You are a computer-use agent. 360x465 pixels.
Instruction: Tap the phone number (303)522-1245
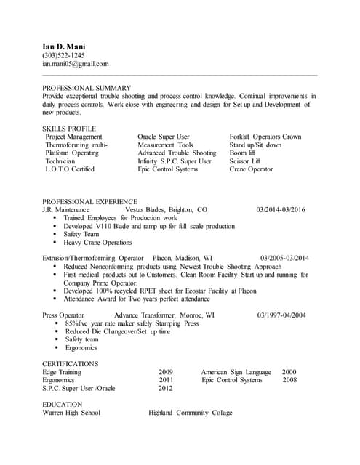coord(63,55)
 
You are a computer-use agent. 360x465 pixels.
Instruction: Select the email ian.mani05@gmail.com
coord(76,64)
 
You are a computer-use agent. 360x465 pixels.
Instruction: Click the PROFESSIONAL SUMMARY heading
coord(87,87)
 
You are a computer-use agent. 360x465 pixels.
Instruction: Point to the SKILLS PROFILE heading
coord(68,128)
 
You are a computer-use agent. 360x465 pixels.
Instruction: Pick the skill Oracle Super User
coord(164,137)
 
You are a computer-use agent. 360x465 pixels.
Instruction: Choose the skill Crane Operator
coord(251,169)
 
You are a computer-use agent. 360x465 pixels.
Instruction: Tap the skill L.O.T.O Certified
coord(70,169)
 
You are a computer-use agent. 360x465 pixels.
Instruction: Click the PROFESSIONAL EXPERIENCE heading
coord(89,201)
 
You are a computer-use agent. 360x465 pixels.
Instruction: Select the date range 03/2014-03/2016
coord(281,209)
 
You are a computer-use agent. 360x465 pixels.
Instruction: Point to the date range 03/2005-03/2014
coord(284,258)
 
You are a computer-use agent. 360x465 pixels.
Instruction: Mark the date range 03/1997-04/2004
coord(281,315)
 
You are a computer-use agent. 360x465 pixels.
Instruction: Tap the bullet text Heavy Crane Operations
coord(97,243)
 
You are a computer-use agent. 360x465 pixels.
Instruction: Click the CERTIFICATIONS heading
coord(70,363)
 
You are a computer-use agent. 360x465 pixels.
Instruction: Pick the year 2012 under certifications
coord(166,388)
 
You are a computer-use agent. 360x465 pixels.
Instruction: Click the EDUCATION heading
coord(62,404)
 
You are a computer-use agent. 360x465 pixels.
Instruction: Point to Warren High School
coord(71,413)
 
